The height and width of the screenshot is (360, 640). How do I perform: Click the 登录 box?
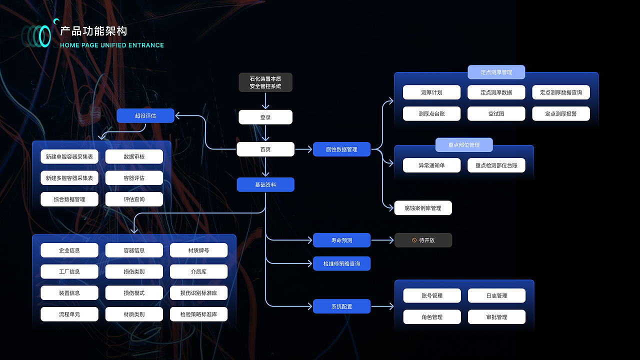point(265,117)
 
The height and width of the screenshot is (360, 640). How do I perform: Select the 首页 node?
point(265,149)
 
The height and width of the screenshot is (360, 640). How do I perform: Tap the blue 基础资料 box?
point(265,184)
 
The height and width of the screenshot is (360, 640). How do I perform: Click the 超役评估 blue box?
point(145,116)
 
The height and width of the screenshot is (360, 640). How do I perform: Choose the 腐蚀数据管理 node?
point(341,149)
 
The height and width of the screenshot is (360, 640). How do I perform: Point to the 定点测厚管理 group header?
point(496,72)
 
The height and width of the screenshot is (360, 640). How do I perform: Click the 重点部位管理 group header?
point(463,145)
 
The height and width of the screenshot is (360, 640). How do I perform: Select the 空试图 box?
point(496,113)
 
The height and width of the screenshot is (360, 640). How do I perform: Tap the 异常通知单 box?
point(431,165)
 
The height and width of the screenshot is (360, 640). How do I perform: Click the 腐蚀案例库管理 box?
point(422,208)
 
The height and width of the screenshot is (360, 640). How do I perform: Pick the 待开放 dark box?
point(423,240)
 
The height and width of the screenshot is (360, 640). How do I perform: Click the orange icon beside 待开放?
point(414,240)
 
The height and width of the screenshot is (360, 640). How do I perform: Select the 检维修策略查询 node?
point(341,263)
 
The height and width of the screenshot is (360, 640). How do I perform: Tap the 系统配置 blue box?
point(341,306)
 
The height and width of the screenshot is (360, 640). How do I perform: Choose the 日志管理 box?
point(496,295)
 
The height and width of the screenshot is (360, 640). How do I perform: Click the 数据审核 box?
point(134,156)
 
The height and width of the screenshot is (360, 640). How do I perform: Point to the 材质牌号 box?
point(198,250)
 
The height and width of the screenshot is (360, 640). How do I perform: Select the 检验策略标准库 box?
point(198,314)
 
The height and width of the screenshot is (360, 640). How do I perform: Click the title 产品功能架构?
point(93,31)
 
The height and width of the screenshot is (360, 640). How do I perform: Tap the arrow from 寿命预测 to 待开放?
point(382,240)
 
